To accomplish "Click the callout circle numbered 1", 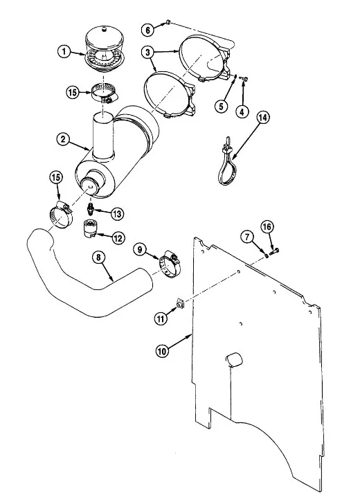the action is click(64, 51).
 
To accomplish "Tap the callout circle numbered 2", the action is click(63, 139).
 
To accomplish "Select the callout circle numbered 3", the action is click(148, 53).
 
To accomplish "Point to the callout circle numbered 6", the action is click(148, 30).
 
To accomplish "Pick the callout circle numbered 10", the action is click(162, 351).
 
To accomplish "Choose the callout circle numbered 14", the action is click(262, 118).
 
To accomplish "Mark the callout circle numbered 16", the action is click(267, 227).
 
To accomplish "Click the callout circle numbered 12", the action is click(118, 238).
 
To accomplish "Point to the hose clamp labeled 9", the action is click(170, 263).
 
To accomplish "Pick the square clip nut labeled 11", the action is click(180, 303).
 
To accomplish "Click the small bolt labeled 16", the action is click(275, 252).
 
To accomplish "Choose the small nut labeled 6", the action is click(168, 22).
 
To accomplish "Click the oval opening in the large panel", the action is click(234, 359).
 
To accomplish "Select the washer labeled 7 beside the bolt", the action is click(267, 255).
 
